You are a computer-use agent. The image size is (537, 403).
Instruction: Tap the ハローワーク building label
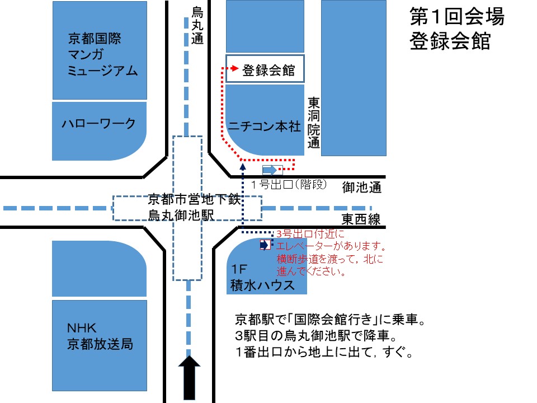click(98, 124)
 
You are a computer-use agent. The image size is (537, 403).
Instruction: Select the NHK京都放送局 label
click(100, 335)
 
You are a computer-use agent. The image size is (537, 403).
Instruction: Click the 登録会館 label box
click(265, 71)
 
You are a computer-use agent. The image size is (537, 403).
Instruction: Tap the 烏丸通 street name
click(197, 25)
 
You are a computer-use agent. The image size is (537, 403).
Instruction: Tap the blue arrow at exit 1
click(270, 170)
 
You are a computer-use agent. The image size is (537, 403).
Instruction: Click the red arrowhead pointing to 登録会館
click(234, 69)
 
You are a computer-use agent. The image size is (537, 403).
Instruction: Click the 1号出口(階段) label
click(288, 185)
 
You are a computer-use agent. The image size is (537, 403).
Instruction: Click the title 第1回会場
click(457, 17)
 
